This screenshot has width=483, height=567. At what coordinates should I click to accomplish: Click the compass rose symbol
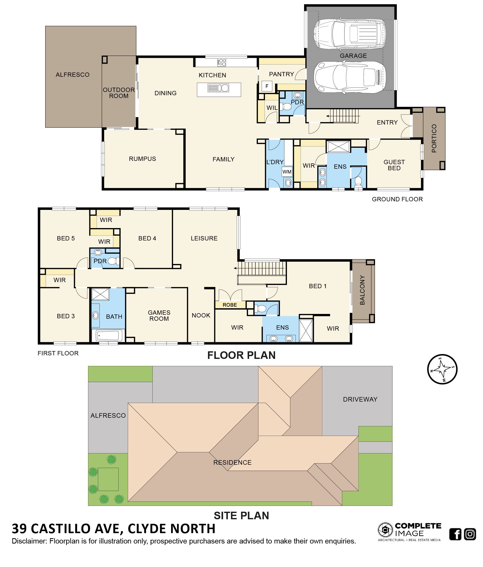tap(442, 369)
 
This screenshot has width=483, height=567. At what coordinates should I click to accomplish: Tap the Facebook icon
tap(455, 534)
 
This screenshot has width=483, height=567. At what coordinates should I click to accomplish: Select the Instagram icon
tap(470, 534)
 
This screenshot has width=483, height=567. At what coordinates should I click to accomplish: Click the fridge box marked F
tap(267, 86)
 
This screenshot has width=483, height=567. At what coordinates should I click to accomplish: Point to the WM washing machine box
tap(287, 172)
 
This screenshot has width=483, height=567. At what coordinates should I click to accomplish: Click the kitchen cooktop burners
tap(222, 62)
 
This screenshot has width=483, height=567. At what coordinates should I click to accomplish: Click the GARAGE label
tap(353, 56)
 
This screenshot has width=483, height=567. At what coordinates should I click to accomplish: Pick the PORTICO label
tap(434, 138)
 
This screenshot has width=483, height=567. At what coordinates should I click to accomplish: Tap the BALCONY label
tap(362, 290)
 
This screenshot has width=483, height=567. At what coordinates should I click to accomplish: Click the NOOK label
tap(201, 315)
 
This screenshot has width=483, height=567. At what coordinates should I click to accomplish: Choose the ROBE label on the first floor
tap(230, 305)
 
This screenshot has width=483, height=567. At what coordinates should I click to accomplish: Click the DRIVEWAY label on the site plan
tap(360, 399)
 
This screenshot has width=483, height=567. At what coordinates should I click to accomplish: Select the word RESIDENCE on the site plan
tap(232, 462)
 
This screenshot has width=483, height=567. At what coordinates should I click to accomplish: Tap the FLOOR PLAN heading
tap(241, 355)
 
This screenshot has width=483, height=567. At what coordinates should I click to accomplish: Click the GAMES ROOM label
tap(159, 315)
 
